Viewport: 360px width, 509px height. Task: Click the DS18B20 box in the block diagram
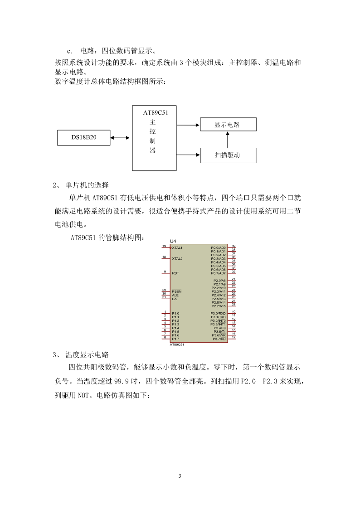[x=84, y=138]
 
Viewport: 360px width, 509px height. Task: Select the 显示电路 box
[x=228, y=124]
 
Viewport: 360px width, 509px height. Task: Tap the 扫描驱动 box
[x=228, y=155]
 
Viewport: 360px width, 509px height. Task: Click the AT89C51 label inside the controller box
[x=156, y=113]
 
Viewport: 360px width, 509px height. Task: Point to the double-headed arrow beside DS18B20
[x=120, y=138]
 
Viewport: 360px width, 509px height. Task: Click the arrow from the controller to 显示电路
[x=188, y=125]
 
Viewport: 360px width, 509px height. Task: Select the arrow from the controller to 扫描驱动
[x=189, y=155]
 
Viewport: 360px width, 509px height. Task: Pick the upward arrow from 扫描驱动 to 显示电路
[x=228, y=140]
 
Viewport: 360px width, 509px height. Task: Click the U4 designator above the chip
[x=173, y=241]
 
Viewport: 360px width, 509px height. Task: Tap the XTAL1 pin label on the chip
[x=177, y=247]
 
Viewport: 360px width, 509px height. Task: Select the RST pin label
[x=175, y=273]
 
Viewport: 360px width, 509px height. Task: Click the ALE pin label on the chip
[x=175, y=295]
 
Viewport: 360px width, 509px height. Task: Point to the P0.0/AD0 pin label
[x=218, y=247]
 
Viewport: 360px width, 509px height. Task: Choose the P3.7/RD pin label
[x=219, y=339]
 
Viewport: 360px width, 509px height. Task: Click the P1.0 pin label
[x=175, y=314]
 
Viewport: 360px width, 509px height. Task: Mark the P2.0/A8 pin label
[x=219, y=281]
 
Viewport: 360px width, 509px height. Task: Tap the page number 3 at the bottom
[x=180, y=476]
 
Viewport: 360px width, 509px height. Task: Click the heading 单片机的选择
[x=87, y=185]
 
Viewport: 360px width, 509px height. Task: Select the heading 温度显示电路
[x=87, y=354]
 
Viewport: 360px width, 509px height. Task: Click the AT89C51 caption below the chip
[x=177, y=344]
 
